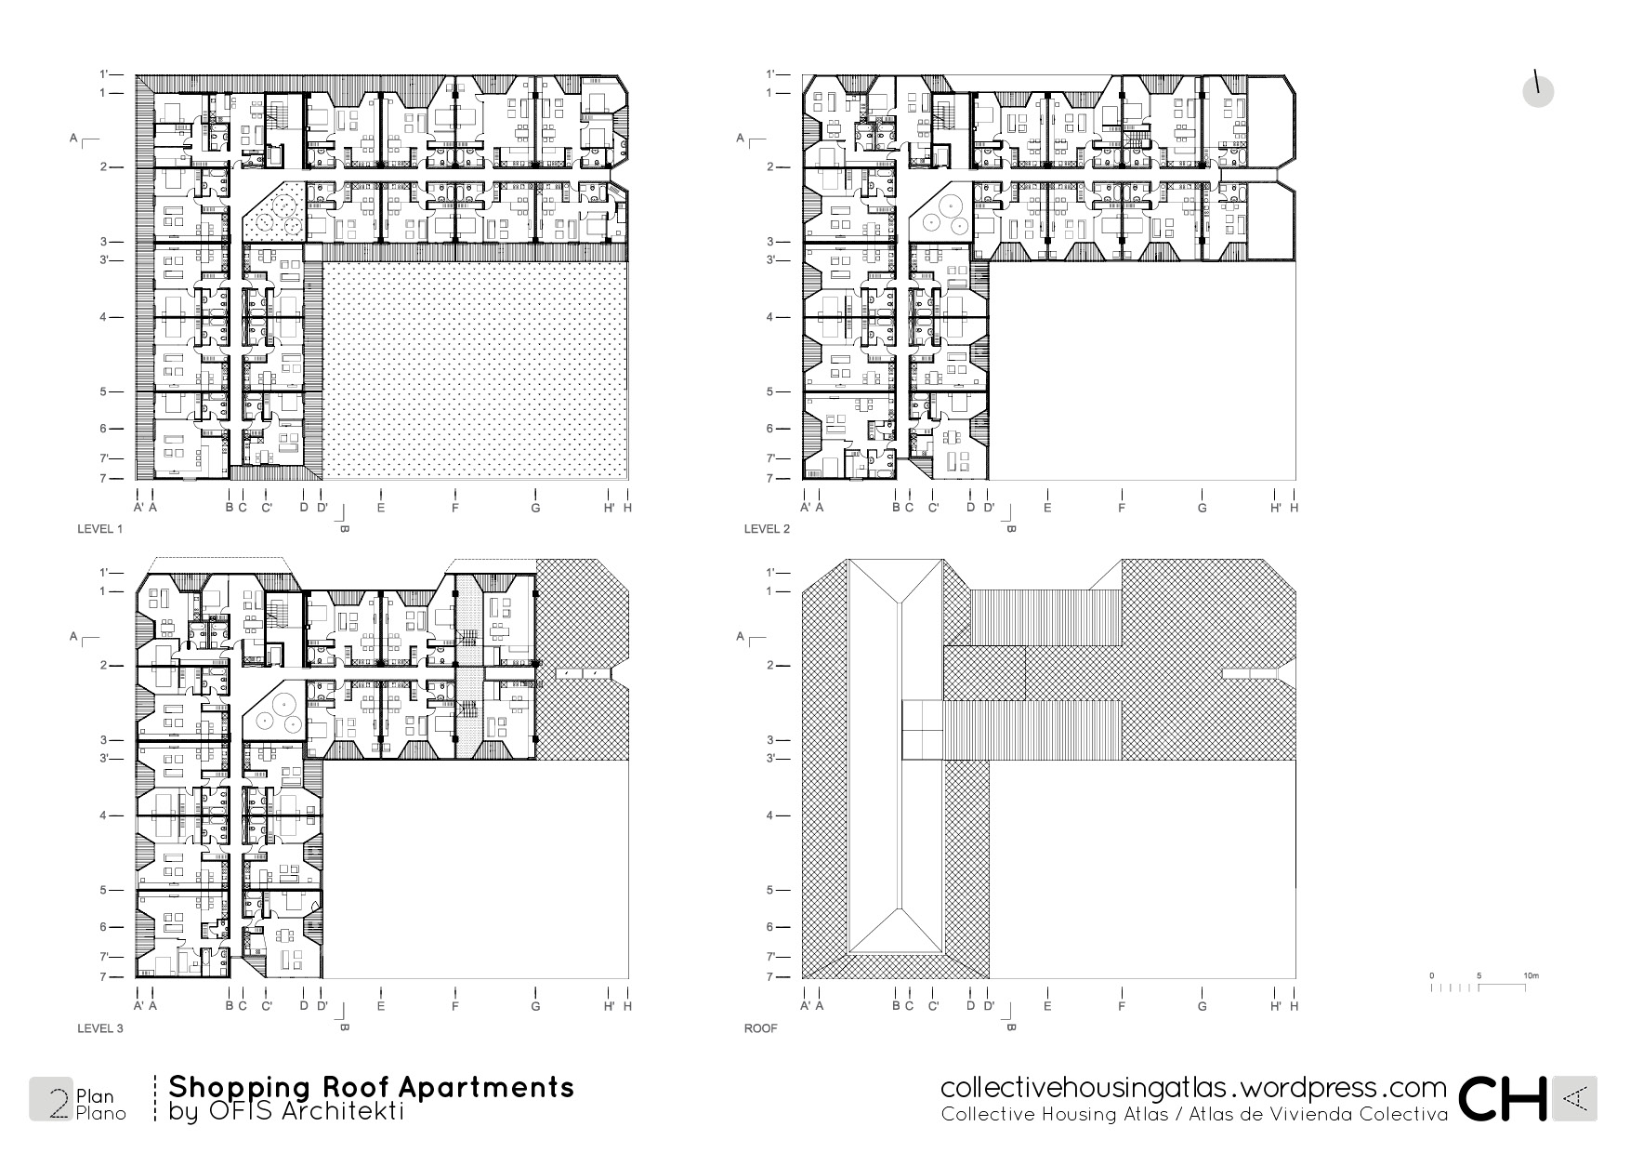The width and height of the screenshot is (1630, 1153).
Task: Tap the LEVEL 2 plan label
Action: point(767,529)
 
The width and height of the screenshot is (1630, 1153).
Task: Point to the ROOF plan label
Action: point(760,1028)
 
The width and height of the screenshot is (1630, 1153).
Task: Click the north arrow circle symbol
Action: point(1538,91)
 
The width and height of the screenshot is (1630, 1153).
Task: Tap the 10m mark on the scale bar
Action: point(1531,975)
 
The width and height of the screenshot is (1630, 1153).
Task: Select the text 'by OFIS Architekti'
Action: point(286,1112)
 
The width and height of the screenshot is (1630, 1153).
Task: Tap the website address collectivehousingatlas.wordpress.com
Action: point(1193,1088)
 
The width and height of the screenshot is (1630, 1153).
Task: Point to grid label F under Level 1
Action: point(455,508)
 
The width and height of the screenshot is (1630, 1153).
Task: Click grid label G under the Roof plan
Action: point(1203,1006)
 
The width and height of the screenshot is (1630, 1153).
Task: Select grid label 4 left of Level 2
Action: point(769,317)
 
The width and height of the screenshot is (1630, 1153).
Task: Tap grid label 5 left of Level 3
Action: point(103,890)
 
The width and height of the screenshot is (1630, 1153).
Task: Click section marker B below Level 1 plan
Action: point(343,528)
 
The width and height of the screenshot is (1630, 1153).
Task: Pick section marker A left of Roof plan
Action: point(741,636)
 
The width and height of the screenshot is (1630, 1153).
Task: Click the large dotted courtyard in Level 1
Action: point(474,372)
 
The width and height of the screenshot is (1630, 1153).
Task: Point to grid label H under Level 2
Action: point(1294,508)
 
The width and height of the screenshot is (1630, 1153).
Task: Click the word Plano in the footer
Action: point(100,1113)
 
